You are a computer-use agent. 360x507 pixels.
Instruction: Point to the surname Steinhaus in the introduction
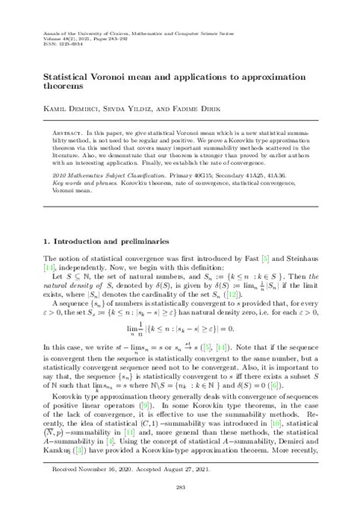coord(311,243)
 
